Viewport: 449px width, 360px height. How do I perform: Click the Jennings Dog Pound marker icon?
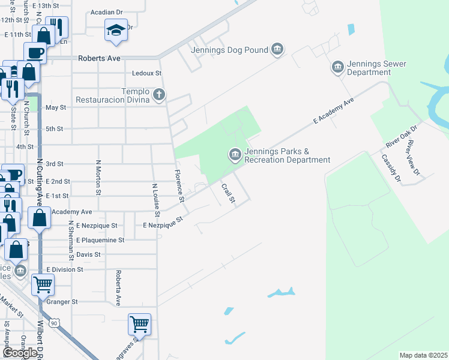[277, 49]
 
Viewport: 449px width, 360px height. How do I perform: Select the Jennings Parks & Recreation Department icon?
[235, 155]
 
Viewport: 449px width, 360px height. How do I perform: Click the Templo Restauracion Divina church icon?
[159, 94]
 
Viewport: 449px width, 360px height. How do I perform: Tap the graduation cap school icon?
[116, 29]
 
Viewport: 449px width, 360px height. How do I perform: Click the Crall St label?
[227, 193]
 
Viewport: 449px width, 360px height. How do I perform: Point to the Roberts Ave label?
[100, 58]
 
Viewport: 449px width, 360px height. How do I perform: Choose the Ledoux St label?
[147, 73]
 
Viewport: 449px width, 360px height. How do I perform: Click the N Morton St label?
[98, 178]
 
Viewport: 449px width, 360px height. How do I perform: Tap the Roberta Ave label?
[119, 288]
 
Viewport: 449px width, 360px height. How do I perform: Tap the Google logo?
[20, 353]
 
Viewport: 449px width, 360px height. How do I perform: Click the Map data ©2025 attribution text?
[424, 355]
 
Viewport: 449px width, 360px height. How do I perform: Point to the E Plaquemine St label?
[100, 240]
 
